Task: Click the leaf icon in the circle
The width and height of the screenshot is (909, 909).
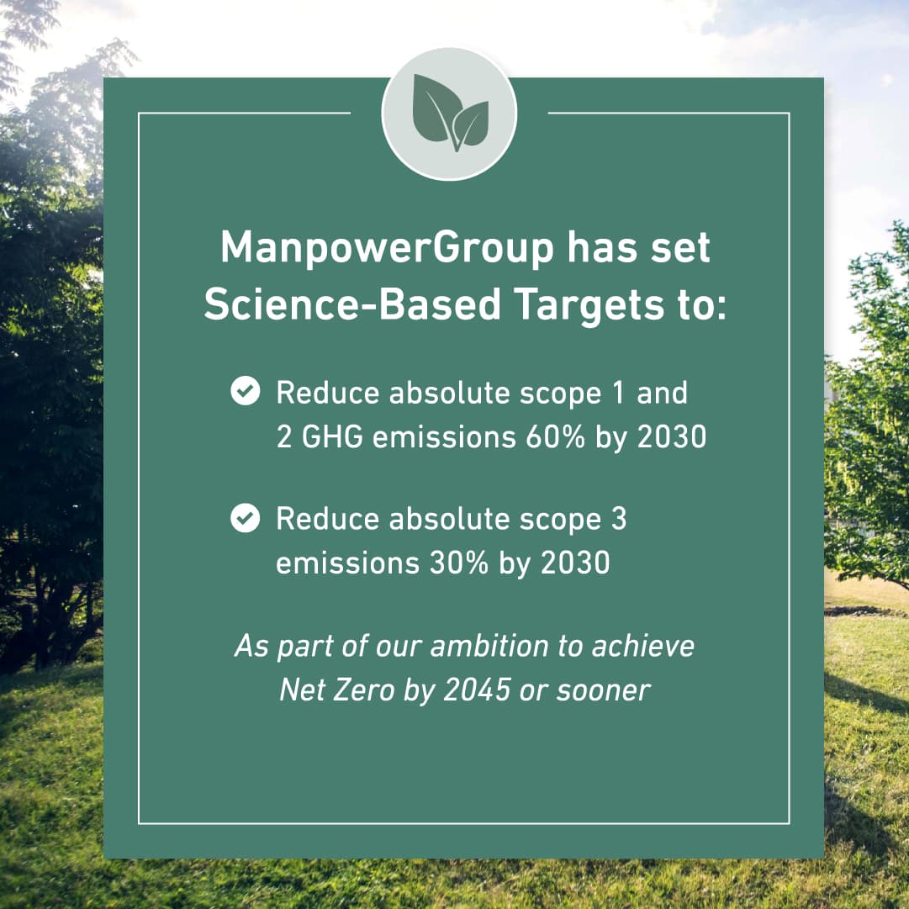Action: [450, 114]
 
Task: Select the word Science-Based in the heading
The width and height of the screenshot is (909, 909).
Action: [352, 306]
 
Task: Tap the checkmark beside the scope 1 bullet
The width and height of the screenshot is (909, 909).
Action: [245, 392]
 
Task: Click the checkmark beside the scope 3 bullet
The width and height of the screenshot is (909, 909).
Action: [245, 519]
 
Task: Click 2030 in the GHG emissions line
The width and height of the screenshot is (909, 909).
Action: [671, 437]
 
